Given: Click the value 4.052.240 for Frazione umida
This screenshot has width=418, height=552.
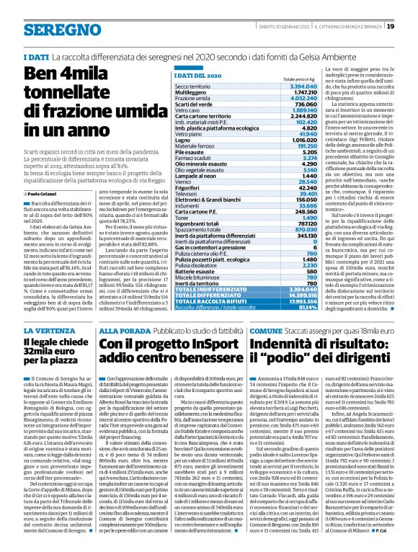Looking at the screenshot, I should (x=283, y=97).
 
